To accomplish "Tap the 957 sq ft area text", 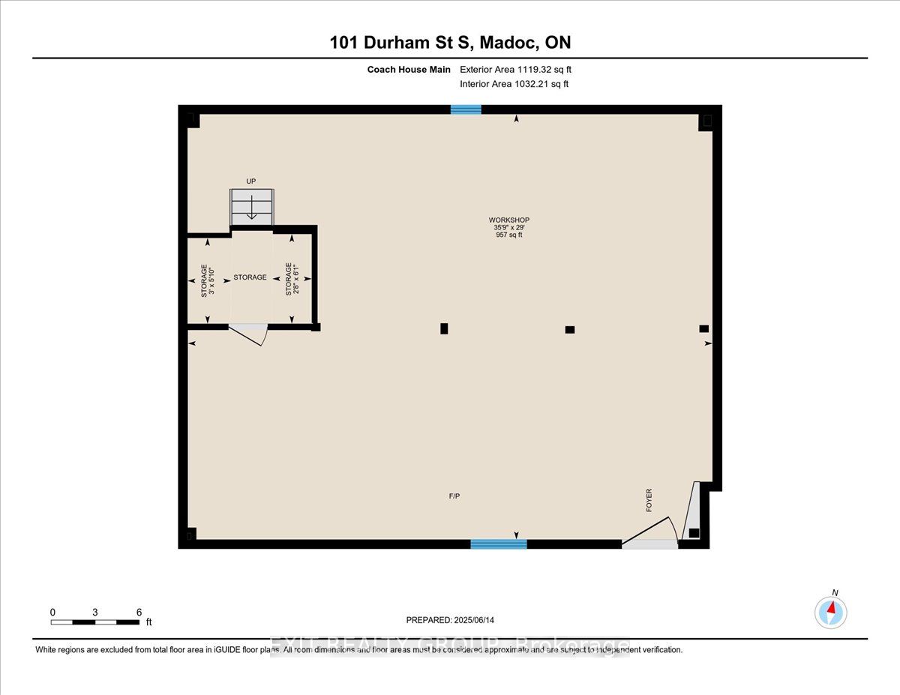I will pyautogui.click(x=508, y=235).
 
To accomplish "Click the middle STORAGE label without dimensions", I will pyautogui.click(x=250, y=277).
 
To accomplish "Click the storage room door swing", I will pyautogui.click(x=250, y=334).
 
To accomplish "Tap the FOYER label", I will pyautogui.click(x=649, y=500).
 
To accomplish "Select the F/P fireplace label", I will pyautogui.click(x=454, y=496).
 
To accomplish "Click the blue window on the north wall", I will pyautogui.click(x=466, y=109).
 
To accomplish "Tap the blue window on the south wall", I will pyautogui.click(x=498, y=544).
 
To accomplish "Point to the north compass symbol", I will pyautogui.click(x=830, y=612).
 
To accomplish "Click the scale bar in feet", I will pyautogui.click(x=95, y=622).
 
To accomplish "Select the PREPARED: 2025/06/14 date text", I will pyautogui.click(x=451, y=620).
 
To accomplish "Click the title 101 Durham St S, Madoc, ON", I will pyautogui.click(x=450, y=43).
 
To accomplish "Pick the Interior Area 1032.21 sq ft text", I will pyautogui.click(x=514, y=84).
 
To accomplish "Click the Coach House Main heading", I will pyautogui.click(x=409, y=70).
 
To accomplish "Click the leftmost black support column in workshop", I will pyautogui.click(x=444, y=328).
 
